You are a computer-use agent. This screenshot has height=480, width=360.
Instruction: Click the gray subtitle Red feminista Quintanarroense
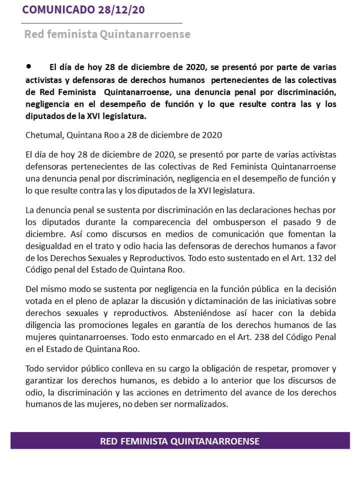pos(107,34)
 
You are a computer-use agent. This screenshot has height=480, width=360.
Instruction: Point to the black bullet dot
pos(28,65)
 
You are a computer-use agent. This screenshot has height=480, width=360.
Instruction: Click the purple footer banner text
pos(179,441)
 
